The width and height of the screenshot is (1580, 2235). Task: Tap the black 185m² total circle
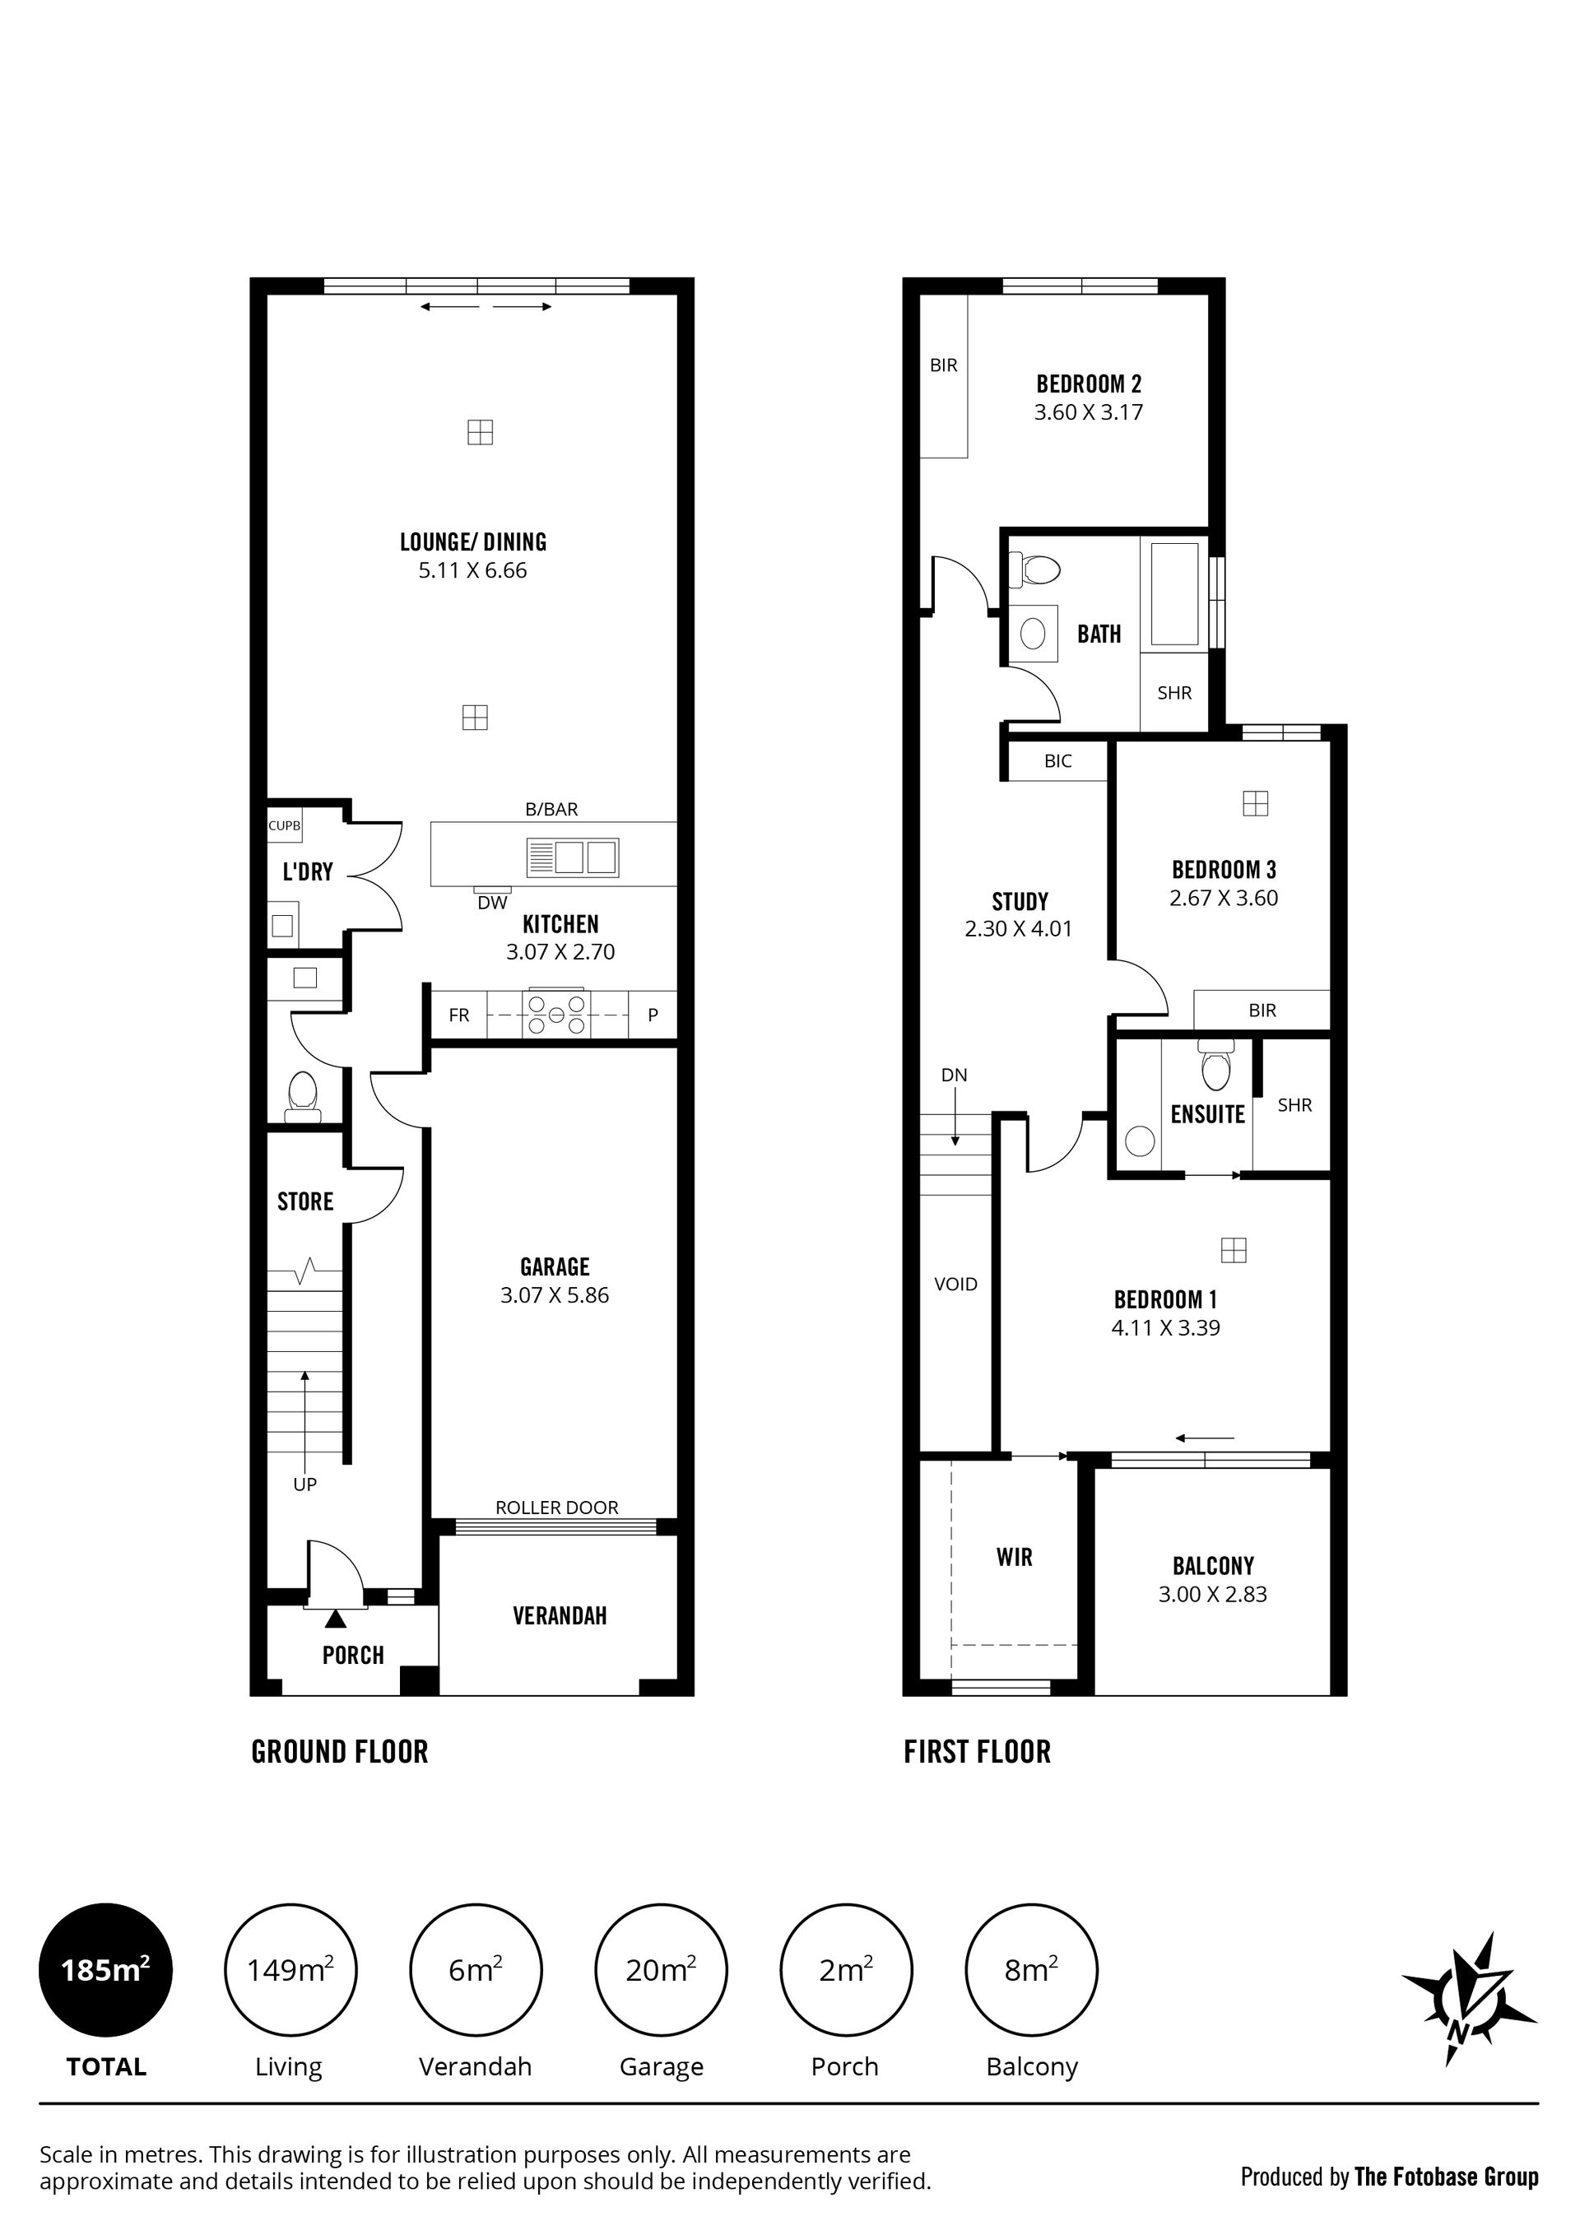[x=105, y=1970]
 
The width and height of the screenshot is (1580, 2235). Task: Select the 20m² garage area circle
[x=661, y=1970]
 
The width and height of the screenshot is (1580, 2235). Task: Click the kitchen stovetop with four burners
[x=555, y=1015]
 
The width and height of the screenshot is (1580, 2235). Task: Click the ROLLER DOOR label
[x=557, y=1508]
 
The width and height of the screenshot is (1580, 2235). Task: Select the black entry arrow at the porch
[x=336, y=1619]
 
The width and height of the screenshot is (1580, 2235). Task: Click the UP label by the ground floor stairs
[x=304, y=1485]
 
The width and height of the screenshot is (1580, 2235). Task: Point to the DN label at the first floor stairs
[x=954, y=1075]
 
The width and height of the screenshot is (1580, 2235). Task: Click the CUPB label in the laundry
[x=284, y=825]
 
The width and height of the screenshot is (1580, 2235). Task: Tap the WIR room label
[x=1015, y=1558]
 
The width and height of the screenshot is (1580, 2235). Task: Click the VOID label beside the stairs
[x=955, y=1284]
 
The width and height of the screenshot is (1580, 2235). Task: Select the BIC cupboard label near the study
[x=1058, y=761]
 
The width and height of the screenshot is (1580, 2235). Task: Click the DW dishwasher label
[x=493, y=903]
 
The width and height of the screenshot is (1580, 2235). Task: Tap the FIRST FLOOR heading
[x=978, y=1752]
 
